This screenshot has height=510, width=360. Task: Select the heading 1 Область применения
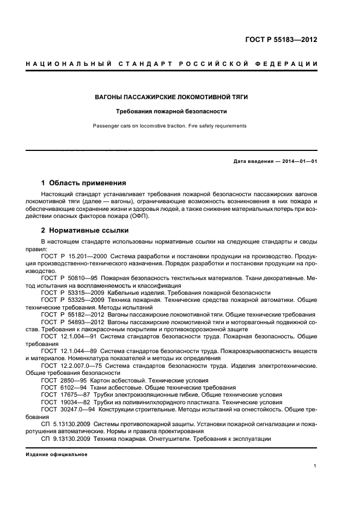click(x=84, y=183)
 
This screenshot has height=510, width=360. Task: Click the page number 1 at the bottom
click(x=315, y=466)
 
